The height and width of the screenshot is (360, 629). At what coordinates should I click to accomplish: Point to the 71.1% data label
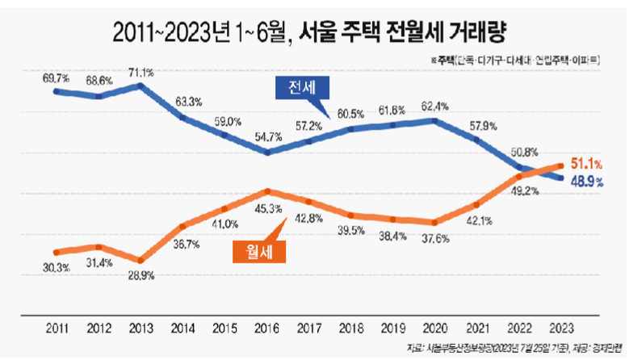tap(140, 72)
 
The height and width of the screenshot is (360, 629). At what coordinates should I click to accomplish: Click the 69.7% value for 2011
tap(56, 78)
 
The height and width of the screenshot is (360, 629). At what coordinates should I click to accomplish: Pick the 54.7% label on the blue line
tap(267, 138)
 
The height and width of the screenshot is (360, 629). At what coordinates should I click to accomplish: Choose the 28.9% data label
tap(140, 275)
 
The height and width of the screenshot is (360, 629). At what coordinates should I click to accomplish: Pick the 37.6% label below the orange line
tap(436, 238)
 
